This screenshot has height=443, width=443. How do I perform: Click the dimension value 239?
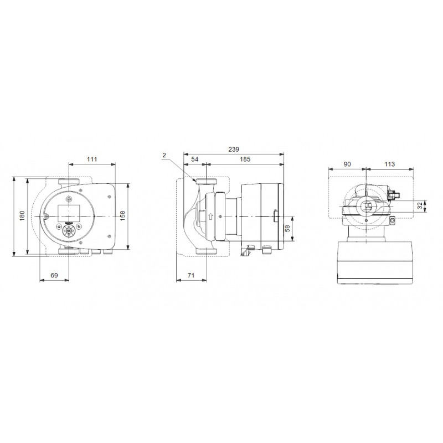pyautogui.click(x=234, y=149)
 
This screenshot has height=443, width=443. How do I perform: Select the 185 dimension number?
pyautogui.click(x=245, y=159)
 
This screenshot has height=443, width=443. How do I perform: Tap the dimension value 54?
pyautogui.click(x=195, y=159)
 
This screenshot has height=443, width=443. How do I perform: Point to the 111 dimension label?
pyautogui.click(x=92, y=159)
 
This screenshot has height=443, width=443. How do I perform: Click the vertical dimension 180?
pyautogui.click(x=22, y=216)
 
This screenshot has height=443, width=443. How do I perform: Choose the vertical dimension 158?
pyautogui.click(x=122, y=216)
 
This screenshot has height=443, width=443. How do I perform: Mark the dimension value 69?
pyautogui.click(x=54, y=275)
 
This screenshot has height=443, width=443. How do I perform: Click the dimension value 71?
pyautogui.click(x=191, y=275)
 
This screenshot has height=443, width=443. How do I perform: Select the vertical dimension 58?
pyautogui.click(x=287, y=228)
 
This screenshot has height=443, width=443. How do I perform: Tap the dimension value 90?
pyautogui.click(x=347, y=164)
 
